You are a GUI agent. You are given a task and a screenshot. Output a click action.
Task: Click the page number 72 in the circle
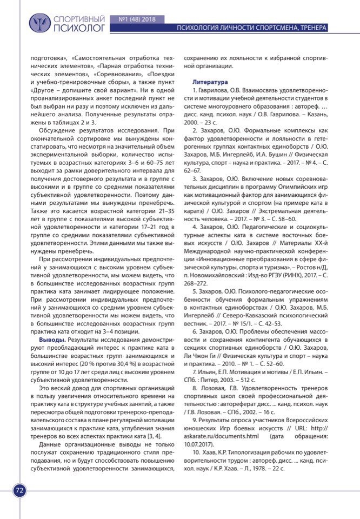(x=19, y=490)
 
